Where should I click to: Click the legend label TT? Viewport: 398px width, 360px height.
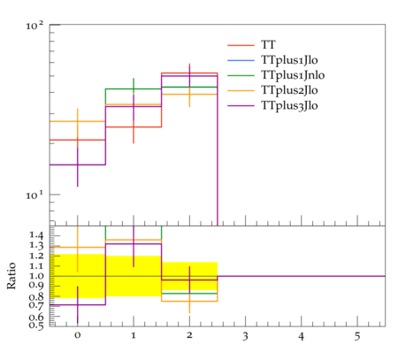pos(268,45)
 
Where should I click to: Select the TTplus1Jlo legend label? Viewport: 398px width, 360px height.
pos(289,60)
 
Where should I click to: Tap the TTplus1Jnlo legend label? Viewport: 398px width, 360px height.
pos(293,75)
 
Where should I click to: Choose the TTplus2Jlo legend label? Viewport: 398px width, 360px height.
pos(289,90)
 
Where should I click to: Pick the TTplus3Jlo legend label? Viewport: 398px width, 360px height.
pos(289,105)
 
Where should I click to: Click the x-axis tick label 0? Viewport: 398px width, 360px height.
pos(78,335)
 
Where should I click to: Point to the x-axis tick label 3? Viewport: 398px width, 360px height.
pos(245,336)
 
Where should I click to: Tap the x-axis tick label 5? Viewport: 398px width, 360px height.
pos(357,336)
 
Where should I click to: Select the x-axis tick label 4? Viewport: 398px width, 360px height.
pos(302,336)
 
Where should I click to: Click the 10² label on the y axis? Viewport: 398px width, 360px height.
pos(34,26)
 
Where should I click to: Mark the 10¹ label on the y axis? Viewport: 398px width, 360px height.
pos(34,195)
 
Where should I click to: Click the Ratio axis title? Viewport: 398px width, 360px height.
pos(11,276)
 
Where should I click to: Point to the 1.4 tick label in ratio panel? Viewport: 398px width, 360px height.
pos(36,235)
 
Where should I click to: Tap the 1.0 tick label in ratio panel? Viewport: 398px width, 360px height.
pos(36,276)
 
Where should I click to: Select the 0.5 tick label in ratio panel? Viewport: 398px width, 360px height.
pos(36,326)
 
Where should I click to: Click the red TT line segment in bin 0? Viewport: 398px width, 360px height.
pos(78,140)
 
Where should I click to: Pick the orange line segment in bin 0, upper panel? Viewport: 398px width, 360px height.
pos(78,121)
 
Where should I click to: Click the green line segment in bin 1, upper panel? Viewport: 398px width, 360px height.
pos(134,88)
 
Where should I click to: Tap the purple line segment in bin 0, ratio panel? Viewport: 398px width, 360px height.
pos(78,304)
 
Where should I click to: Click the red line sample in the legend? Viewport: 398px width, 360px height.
pos(241,45)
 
